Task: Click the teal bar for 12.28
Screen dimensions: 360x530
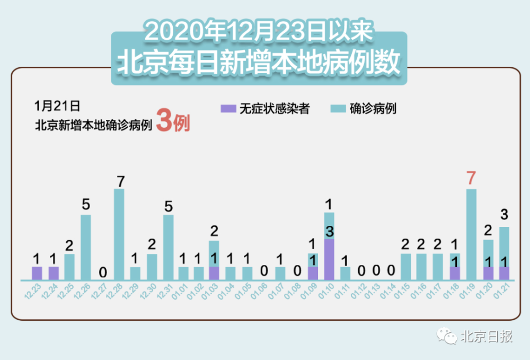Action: [119, 234]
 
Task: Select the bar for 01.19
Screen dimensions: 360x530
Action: [471, 234]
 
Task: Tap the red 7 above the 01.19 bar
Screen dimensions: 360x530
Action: [471, 179]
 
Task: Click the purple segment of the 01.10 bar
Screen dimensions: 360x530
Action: [329, 259]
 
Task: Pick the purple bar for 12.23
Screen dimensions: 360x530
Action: [37, 273]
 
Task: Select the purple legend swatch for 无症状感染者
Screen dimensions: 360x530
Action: [227, 109]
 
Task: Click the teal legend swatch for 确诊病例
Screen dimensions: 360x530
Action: [338, 109]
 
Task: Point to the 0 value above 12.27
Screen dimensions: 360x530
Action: [103, 273]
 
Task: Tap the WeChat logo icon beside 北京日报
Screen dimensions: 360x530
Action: [446, 336]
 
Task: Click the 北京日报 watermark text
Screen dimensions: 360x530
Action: [486, 336]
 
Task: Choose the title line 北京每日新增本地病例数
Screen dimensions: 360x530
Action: [258, 62]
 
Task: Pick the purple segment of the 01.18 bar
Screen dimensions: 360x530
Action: [455, 273]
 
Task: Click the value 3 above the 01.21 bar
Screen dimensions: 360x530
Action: [504, 215]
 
